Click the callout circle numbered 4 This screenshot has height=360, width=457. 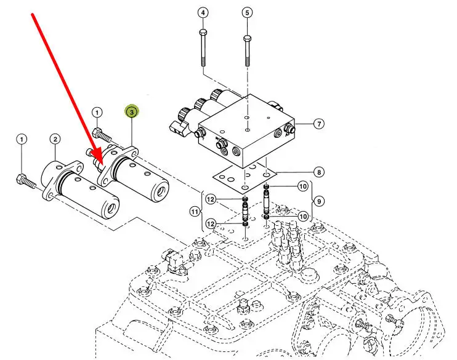203,12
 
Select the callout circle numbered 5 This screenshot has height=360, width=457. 246,12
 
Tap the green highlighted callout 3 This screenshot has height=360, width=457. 132,112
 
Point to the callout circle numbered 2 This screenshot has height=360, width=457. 55,140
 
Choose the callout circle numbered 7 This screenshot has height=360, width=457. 318,124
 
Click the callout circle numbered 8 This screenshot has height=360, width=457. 318,172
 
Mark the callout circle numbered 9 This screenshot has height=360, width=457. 318,201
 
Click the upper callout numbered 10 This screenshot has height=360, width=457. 302,186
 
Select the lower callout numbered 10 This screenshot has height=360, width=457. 302,216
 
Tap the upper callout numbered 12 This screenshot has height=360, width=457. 210,199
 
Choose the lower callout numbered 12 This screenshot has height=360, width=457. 210,223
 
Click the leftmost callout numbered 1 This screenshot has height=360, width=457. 22,140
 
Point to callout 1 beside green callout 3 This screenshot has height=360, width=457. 97,112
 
